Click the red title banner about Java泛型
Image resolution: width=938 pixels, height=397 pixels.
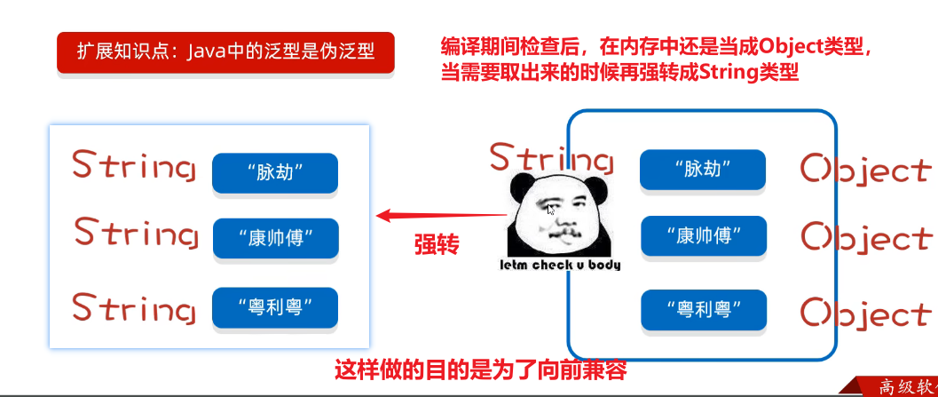pos(225,52)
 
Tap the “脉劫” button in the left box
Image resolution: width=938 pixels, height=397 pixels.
pos(275,172)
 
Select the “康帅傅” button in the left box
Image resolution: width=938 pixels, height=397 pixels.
pos(276,238)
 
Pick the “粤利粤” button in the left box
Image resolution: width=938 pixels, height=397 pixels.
pos(275,308)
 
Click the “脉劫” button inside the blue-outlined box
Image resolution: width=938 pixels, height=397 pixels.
pos(703,170)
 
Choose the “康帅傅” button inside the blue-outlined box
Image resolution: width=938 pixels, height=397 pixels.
pos(704,235)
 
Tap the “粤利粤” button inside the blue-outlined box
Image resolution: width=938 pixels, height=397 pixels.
pos(704,310)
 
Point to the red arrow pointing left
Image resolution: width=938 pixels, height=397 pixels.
pos(441,215)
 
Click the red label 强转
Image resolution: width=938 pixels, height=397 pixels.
pos(437,244)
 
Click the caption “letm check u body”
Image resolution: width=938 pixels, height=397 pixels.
pos(560,265)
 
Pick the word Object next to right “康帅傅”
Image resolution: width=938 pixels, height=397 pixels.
pos(866,238)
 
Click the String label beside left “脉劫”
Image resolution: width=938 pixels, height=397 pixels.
pos(134,166)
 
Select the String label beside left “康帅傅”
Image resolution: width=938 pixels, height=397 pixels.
pos(137,234)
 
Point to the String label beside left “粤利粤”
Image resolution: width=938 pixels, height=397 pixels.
pos(134,308)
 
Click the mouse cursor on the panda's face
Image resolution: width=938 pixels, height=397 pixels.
pos(551,210)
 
